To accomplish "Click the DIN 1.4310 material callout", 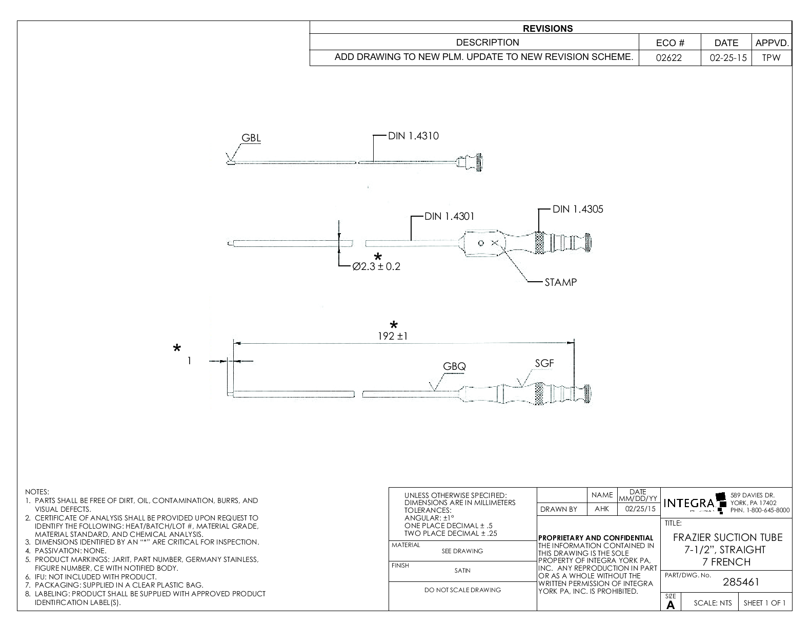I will [x=413, y=136].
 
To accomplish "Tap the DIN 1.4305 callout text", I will [x=578, y=209].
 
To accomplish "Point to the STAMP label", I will [x=560, y=282].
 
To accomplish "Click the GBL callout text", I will [x=251, y=138].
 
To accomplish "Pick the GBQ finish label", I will [x=454, y=366].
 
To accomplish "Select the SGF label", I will [x=544, y=363].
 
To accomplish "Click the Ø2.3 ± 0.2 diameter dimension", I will [x=376, y=267].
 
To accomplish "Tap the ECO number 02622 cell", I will [x=669, y=58].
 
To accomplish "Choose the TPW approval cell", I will [x=771, y=58].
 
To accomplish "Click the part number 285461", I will [x=741, y=582].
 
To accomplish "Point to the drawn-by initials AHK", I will [x=602, y=509].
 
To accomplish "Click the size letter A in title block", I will [x=671, y=605].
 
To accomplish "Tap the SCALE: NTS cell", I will [x=713, y=603].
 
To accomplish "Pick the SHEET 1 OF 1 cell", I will [x=764, y=603].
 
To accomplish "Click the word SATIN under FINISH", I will [x=462, y=571].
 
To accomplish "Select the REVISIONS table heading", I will [x=548, y=29].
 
